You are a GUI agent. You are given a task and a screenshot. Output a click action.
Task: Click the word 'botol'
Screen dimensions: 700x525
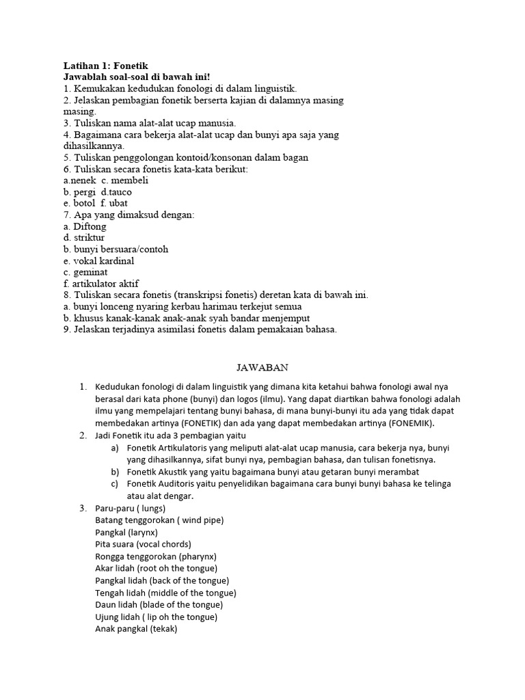[85, 204]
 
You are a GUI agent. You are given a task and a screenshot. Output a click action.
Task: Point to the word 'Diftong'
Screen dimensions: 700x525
[90, 227]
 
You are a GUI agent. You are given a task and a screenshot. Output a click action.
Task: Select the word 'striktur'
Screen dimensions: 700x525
[89, 238]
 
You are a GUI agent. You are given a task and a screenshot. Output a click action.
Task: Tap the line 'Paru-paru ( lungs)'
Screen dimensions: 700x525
[131, 508]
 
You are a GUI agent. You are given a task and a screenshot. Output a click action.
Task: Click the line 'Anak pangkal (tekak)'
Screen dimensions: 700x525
[136, 629]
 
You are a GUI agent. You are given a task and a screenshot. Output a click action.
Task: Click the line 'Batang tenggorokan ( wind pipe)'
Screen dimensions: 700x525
[159, 520]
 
